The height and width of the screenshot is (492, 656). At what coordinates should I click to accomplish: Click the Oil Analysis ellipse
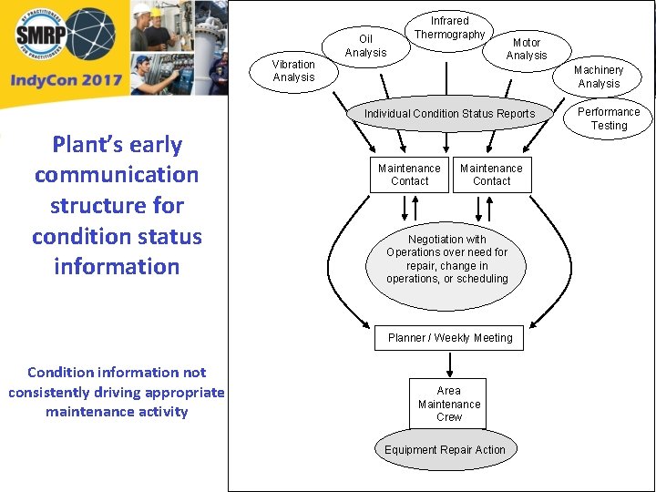click(x=365, y=46)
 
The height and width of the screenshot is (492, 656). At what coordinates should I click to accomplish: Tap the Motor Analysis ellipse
click(x=527, y=49)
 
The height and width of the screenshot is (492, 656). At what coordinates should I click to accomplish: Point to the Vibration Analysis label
click(x=293, y=71)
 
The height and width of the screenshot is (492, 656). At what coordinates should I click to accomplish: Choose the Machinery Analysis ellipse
click(x=599, y=77)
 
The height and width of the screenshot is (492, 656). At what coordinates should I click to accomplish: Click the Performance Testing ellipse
click(x=609, y=119)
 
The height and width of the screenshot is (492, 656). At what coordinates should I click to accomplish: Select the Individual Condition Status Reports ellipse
click(x=449, y=114)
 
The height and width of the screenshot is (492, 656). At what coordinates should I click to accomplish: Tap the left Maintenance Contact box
click(x=409, y=175)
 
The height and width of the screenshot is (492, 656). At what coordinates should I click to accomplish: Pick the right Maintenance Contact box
click(x=491, y=175)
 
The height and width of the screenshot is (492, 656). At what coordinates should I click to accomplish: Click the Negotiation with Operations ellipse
click(x=446, y=260)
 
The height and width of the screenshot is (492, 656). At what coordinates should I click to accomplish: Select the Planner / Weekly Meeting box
click(x=450, y=338)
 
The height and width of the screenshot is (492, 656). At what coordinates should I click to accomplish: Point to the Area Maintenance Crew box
click(x=448, y=404)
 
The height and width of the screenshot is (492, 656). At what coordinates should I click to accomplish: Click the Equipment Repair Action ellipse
click(x=445, y=449)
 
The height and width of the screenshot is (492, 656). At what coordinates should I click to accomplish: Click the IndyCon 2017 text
click(x=66, y=80)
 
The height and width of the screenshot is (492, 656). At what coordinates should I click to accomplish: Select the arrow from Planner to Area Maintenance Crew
click(x=448, y=364)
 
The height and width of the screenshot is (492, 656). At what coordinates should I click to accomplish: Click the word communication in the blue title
click(x=117, y=174)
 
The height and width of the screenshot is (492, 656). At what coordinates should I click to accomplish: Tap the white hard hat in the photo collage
click(x=142, y=9)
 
